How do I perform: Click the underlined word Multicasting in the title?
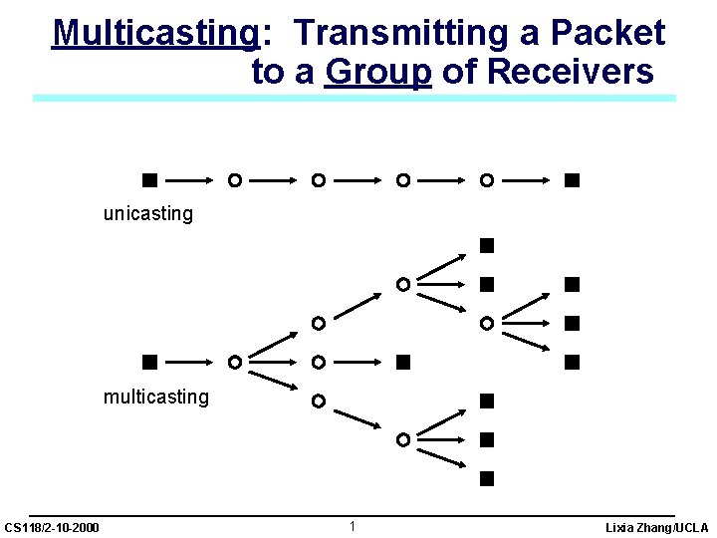pyautogui.click(x=155, y=33)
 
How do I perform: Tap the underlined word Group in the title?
pyautogui.click(x=377, y=72)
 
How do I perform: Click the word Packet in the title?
pyautogui.click(x=607, y=33)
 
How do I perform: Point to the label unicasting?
pyautogui.click(x=148, y=213)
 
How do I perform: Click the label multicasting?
pyautogui.click(x=156, y=397)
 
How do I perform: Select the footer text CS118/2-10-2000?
pyautogui.click(x=52, y=526)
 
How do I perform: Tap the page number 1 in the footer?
pyautogui.click(x=353, y=525)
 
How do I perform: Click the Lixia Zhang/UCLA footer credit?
pyautogui.click(x=656, y=526)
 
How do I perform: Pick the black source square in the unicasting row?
pyautogui.click(x=148, y=180)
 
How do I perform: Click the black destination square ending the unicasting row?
pyautogui.click(x=571, y=180)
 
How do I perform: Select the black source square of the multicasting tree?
pyautogui.click(x=148, y=362)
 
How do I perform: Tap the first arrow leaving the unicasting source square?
pyautogui.click(x=190, y=180)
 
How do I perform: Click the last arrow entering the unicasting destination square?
pyautogui.click(x=528, y=180)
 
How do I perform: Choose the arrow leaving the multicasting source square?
pyautogui.click(x=190, y=362)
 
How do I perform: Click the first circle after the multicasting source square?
pyautogui.click(x=233, y=362)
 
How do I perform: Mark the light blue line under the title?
pyautogui.click(x=354, y=98)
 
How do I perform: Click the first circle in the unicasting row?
pyautogui.click(x=233, y=180)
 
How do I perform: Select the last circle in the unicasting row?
pyautogui.click(x=486, y=180)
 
